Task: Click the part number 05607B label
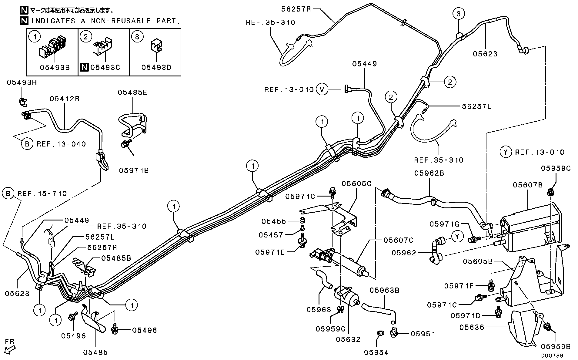pyautogui.click(x=527, y=185)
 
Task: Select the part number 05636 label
pyautogui.click(x=472, y=327)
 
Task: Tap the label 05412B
pyautogui.click(x=64, y=99)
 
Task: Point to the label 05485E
pyautogui.click(x=132, y=93)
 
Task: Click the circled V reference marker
pyautogui.click(x=322, y=89)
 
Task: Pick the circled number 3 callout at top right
pyautogui.click(x=458, y=13)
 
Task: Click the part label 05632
pyautogui.click(x=348, y=339)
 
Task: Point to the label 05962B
pyautogui.click(x=429, y=173)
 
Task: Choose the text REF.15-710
pyautogui.click(x=42, y=193)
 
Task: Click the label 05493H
pyautogui.click(x=22, y=82)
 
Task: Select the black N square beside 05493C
pyautogui.click(x=84, y=67)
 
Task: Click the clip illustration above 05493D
pyautogui.click(x=156, y=46)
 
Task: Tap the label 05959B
pyautogui.click(x=556, y=346)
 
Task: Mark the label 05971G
pyautogui.click(x=445, y=224)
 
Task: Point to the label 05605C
pyautogui.click(x=356, y=183)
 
